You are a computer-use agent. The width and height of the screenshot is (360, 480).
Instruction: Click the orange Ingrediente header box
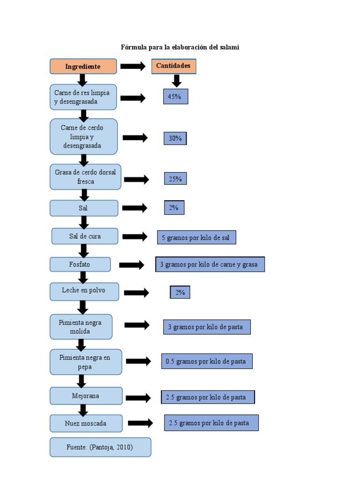click(x=83, y=67)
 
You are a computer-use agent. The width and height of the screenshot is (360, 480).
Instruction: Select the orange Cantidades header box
click(x=173, y=66)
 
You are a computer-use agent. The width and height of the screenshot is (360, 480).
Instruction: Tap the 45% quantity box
click(x=176, y=97)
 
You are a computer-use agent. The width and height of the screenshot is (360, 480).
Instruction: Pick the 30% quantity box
click(x=175, y=138)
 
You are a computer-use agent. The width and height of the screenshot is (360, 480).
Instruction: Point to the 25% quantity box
click(x=175, y=179)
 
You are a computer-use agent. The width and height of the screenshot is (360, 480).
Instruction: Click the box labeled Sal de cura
click(x=85, y=236)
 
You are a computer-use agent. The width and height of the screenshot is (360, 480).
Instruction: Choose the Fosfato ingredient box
click(x=80, y=264)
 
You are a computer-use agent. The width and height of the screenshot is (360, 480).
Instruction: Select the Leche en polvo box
click(x=84, y=291)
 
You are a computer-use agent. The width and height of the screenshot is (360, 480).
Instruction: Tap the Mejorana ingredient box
click(x=86, y=396)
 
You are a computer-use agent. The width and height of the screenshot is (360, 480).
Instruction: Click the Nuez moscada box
click(x=86, y=423)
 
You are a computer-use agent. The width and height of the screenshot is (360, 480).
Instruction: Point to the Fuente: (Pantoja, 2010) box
click(x=100, y=447)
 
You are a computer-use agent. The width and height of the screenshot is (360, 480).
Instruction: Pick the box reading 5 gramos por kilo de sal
click(x=196, y=238)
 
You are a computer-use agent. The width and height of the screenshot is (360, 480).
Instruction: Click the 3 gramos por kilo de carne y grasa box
click(x=210, y=264)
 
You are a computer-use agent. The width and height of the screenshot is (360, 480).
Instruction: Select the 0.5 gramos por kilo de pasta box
click(x=207, y=361)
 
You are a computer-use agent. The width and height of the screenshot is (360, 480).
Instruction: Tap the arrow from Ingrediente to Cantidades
click(x=133, y=66)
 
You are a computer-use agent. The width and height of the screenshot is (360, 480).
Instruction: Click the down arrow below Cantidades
click(x=176, y=81)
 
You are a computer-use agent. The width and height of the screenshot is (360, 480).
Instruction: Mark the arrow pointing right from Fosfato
click(x=132, y=265)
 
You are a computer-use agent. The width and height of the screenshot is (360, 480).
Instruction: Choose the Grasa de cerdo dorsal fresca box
click(x=85, y=177)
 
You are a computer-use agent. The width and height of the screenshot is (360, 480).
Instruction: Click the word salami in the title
click(x=230, y=47)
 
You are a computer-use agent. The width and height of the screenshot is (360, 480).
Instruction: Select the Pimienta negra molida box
click(x=81, y=327)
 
